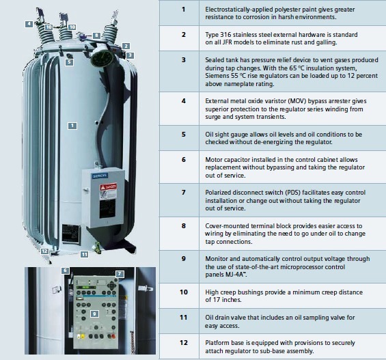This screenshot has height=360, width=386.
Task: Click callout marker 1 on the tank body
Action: coord(72,126)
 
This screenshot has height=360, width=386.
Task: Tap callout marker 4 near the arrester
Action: coord(29,24)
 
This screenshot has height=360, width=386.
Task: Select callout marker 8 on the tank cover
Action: coord(96,36)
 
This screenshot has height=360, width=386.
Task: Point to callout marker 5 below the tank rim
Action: coord(69,62)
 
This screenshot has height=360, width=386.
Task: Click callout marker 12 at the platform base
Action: coord(44,251)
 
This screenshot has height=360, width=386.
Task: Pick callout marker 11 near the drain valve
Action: coord(85,254)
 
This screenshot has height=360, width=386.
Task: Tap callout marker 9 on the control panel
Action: coord(94,314)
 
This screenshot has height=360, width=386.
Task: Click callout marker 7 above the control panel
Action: coord(120,274)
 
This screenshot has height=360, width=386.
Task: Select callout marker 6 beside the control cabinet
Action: coord(65,271)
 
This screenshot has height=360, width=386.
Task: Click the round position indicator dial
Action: coord(102,57)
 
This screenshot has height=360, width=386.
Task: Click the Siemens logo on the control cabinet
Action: coord(100,176)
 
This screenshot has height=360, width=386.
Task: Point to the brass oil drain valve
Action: coord(97,247)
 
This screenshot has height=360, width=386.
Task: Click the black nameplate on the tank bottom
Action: coord(70,234)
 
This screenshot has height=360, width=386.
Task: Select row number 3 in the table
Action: coord(183,60)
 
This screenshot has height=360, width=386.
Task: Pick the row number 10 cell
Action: coord(184,292)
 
